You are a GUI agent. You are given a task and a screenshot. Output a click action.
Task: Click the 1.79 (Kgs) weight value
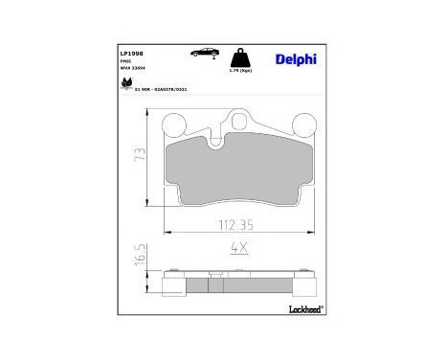[240, 72]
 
